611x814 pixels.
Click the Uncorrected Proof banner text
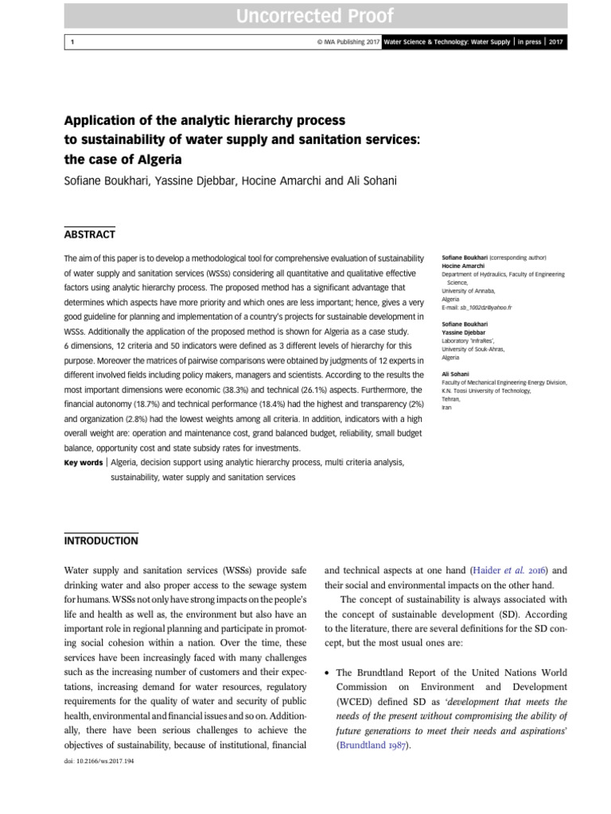pos(305,16)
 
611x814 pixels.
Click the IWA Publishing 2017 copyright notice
pos(347,42)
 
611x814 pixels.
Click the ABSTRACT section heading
pos(89,235)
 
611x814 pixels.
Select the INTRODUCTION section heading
pos(100,541)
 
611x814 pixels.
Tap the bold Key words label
pos(83,462)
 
